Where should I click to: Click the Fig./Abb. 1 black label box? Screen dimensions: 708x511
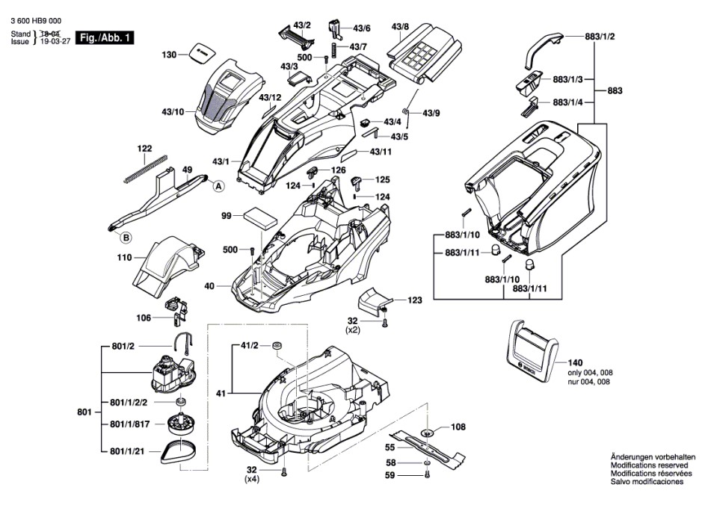pos(105,37)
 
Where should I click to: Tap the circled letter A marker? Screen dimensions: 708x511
pos(218,186)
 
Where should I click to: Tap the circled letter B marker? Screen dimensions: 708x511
pos(126,238)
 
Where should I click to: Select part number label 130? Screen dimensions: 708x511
pos(169,55)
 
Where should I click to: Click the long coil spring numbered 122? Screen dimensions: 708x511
pos(145,169)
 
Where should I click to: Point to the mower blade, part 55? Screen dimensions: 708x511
pos(428,447)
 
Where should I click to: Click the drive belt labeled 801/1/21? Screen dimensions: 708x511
pos(181,450)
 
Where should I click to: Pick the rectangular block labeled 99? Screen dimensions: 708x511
pos(260,219)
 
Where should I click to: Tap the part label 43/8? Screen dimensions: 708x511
pos(399,27)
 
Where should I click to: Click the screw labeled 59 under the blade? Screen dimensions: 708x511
pos(427,475)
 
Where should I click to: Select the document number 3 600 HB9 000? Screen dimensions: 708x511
pos(35,21)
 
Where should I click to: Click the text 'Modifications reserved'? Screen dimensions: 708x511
pos(649,465)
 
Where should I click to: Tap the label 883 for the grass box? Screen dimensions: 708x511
pos(615,90)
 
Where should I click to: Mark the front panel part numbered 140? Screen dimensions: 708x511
pos(533,351)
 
